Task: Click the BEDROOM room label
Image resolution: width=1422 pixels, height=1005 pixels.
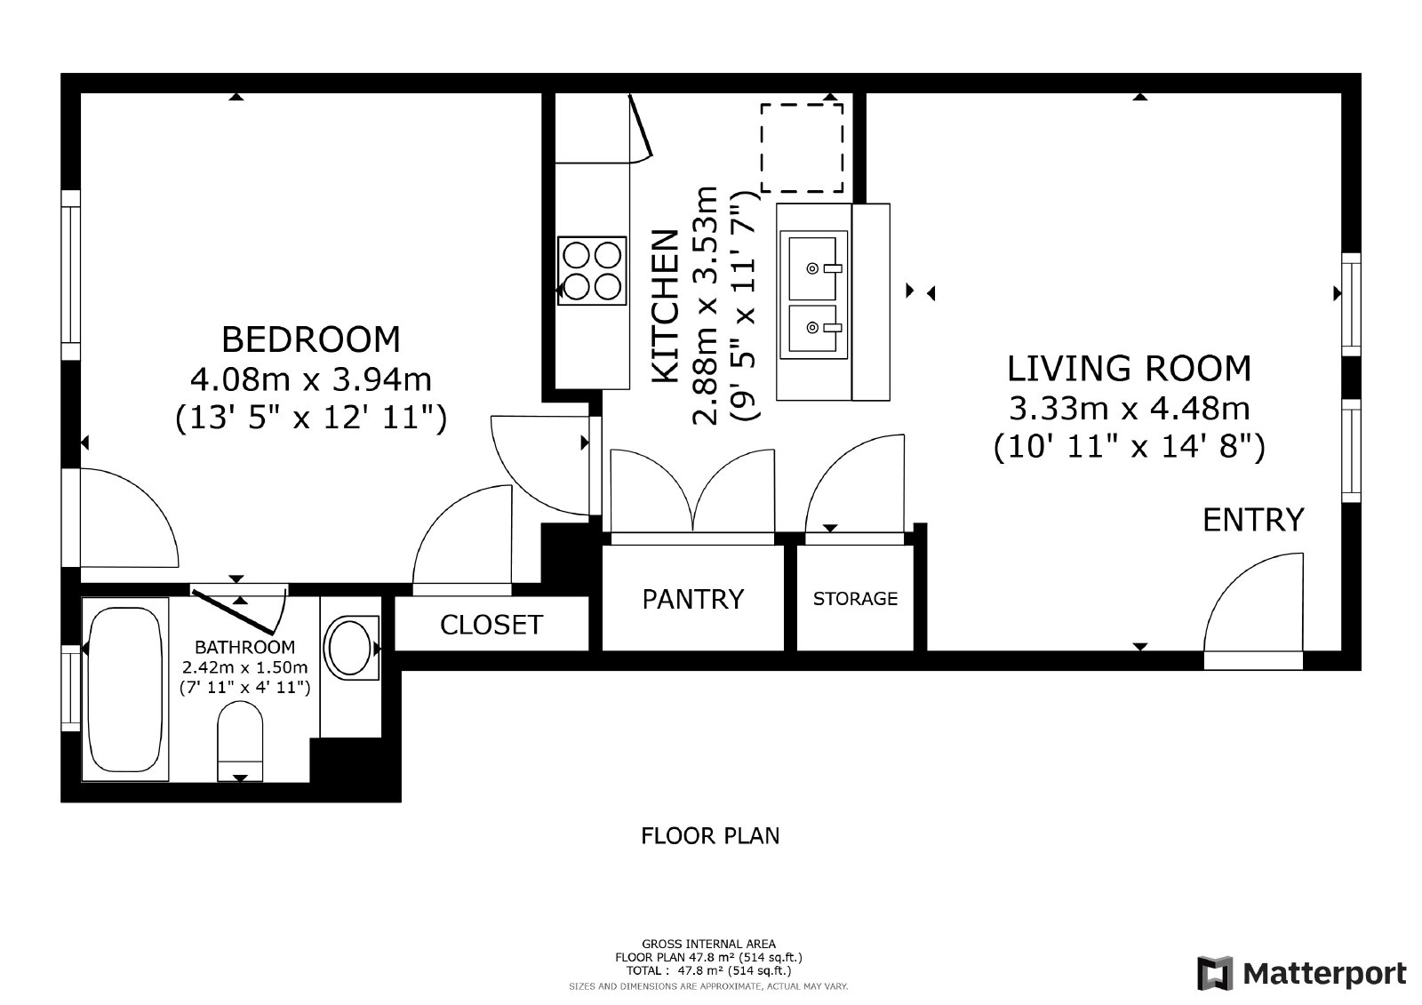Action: point(310,339)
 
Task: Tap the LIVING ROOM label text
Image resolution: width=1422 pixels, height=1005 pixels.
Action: point(1128,368)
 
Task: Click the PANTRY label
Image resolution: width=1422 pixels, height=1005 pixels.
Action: point(692,599)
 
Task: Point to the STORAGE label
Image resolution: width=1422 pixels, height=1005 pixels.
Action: point(855,599)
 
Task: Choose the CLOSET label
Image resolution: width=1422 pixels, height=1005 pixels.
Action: point(491,625)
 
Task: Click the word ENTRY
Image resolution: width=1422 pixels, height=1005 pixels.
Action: point(1252,520)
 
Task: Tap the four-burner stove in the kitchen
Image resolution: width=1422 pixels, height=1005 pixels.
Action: point(591,270)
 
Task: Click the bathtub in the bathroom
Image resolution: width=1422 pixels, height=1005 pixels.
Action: point(125,690)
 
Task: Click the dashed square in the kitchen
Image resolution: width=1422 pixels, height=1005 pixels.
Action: point(802,148)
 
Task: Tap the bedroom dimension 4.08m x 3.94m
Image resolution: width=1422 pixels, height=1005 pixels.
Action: point(310,379)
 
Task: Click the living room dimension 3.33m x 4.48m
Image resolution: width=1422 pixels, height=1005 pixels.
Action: point(1129,408)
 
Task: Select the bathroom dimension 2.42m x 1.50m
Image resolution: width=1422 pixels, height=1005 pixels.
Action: point(244,666)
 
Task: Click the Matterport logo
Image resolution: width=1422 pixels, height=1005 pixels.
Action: point(1301,973)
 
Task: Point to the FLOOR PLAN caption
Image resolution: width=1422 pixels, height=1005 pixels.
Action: point(710,836)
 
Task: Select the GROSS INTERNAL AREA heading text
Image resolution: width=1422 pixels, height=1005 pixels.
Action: point(708,944)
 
